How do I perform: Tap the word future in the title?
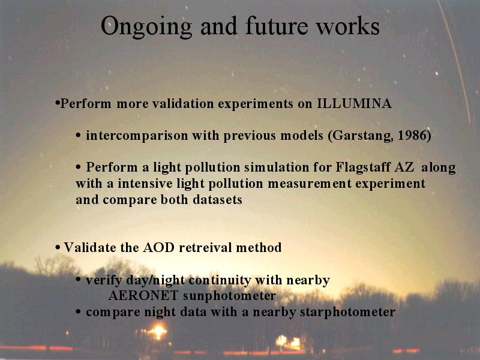(277, 25)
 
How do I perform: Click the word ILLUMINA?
(354, 103)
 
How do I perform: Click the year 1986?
(412, 136)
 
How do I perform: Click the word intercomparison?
(137, 136)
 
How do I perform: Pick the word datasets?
(217, 200)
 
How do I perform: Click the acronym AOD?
(158, 247)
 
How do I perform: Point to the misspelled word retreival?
(205, 247)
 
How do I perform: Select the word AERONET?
(143, 295)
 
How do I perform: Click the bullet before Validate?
(58, 247)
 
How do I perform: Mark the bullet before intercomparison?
(79, 136)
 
